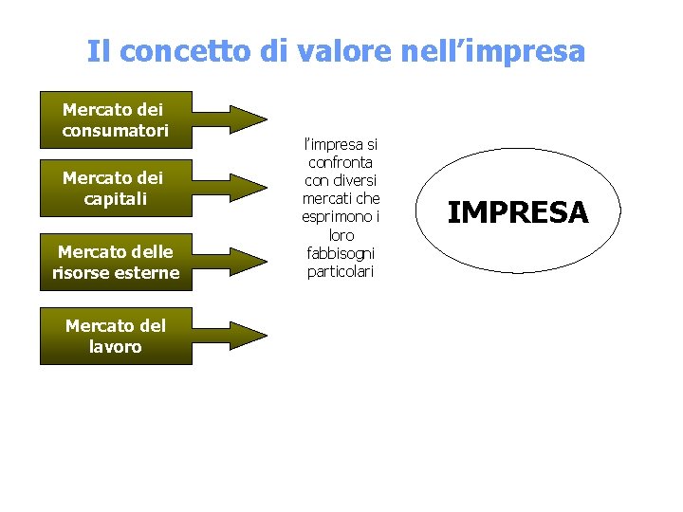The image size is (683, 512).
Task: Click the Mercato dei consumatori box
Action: point(115,119)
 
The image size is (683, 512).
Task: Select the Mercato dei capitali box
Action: point(115,189)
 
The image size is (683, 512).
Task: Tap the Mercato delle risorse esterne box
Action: point(115,263)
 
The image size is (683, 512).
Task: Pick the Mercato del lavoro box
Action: point(115,337)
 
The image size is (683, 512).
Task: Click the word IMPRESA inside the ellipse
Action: point(517,212)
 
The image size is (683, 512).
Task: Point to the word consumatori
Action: point(115,131)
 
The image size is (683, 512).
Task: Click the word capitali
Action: point(115,199)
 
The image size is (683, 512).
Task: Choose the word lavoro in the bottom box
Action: point(115,347)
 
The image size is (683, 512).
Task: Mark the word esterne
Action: point(148,273)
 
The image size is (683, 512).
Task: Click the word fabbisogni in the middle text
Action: point(341,254)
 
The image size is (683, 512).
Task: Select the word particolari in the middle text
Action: point(341,272)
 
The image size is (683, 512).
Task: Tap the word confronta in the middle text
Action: point(341,163)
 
